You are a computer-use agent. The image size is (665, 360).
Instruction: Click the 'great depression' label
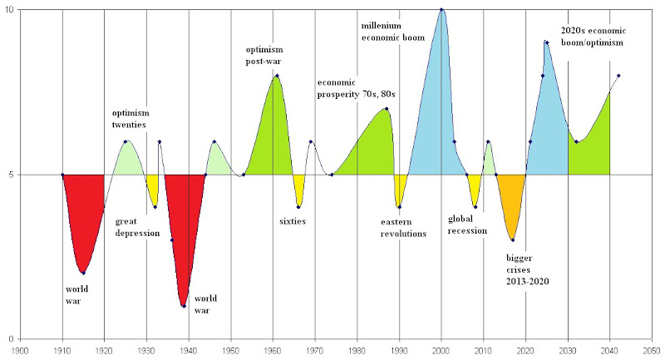137,227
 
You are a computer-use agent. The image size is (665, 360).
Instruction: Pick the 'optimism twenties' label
129,119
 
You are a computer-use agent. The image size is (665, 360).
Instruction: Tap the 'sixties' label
293,221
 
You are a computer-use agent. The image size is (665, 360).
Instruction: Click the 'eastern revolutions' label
403,228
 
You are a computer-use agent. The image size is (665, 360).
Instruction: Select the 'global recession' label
466,224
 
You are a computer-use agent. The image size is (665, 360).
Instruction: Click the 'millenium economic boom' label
392,32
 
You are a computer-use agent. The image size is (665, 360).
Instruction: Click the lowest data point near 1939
184,306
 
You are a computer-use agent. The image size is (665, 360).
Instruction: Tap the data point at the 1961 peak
277,76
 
